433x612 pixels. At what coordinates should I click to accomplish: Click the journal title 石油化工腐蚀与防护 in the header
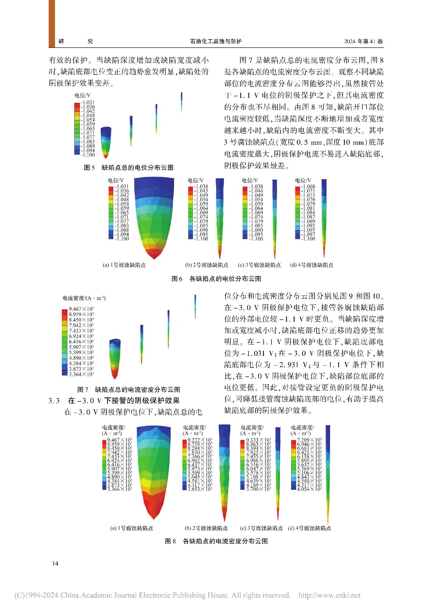216,41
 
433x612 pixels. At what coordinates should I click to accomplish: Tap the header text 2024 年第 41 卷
363,41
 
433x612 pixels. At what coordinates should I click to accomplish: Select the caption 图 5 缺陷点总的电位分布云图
129,167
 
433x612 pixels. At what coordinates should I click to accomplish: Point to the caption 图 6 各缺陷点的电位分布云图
216,279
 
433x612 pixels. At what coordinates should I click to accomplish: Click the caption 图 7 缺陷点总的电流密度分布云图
129,390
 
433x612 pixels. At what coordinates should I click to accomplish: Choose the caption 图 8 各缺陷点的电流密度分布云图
216,541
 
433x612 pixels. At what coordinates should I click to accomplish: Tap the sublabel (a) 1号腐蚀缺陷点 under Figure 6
124,265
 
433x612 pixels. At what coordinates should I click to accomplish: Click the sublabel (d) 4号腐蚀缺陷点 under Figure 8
309,528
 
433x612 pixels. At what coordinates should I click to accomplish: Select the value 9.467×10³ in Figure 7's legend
81,309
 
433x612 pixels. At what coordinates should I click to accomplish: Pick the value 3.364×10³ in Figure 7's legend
81,374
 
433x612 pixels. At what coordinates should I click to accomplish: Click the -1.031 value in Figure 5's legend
88,102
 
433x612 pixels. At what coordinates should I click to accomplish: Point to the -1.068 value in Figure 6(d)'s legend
308,187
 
